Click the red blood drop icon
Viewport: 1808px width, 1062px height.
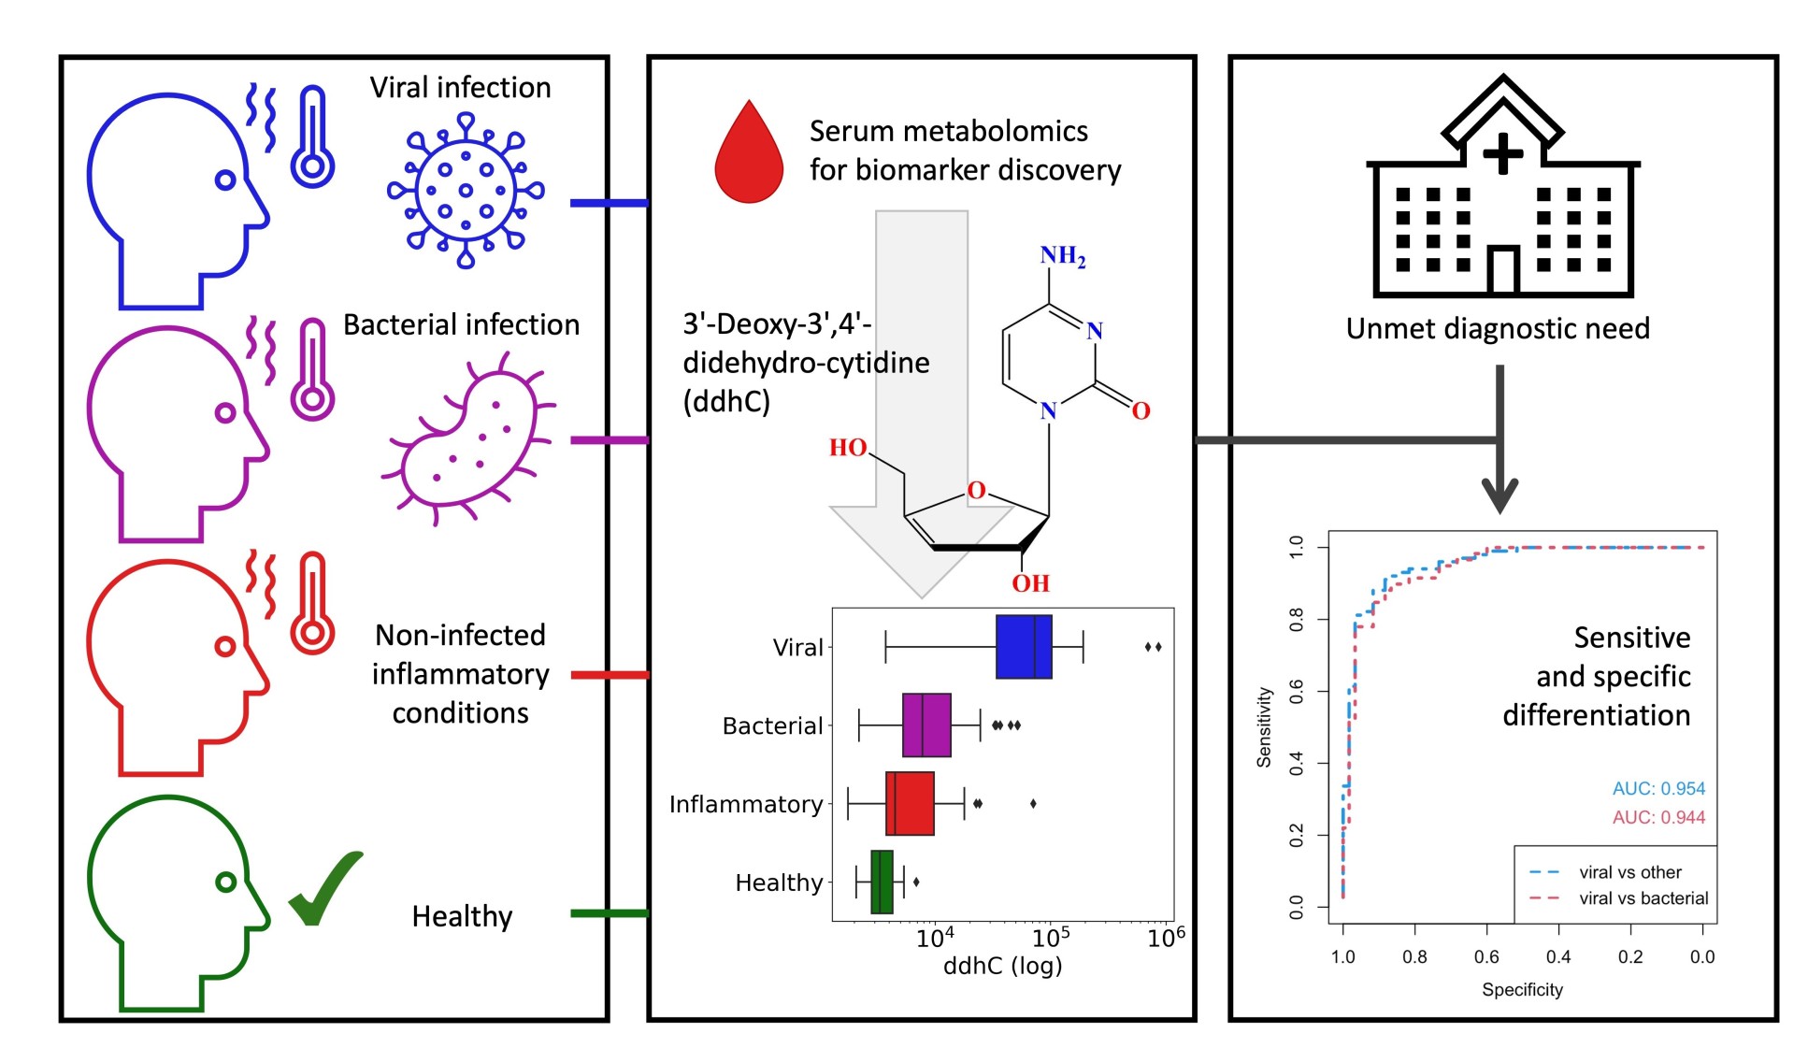pyautogui.click(x=748, y=154)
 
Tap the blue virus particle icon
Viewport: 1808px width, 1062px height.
pyautogui.click(x=465, y=191)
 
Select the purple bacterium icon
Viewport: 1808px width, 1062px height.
pyautogui.click(x=467, y=439)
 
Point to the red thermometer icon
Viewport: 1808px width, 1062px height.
pyautogui.click(x=312, y=603)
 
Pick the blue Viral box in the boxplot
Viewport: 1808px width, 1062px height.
pyautogui.click(x=1024, y=647)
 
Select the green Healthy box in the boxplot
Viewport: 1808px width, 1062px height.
pyautogui.click(x=882, y=882)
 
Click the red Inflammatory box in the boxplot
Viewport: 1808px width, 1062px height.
pyautogui.click(x=910, y=803)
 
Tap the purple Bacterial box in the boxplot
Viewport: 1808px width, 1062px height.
pyautogui.click(x=926, y=725)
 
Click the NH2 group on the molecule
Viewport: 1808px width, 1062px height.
pyautogui.click(x=1063, y=256)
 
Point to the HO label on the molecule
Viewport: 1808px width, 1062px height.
pyautogui.click(x=848, y=448)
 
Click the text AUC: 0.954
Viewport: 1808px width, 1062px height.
pyautogui.click(x=1658, y=789)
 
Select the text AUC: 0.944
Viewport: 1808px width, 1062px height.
pyautogui.click(x=1658, y=818)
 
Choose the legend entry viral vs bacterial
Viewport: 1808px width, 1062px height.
pyautogui.click(x=1643, y=898)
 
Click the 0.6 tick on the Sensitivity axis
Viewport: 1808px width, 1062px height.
pyautogui.click(x=1297, y=691)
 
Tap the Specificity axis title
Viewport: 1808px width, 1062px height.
pyautogui.click(x=1522, y=989)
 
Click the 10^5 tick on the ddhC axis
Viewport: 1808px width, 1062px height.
pyautogui.click(x=1050, y=937)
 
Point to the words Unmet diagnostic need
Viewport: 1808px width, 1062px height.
pyautogui.click(x=1498, y=329)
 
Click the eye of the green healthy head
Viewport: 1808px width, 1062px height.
pyautogui.click(x=225, y=882)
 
